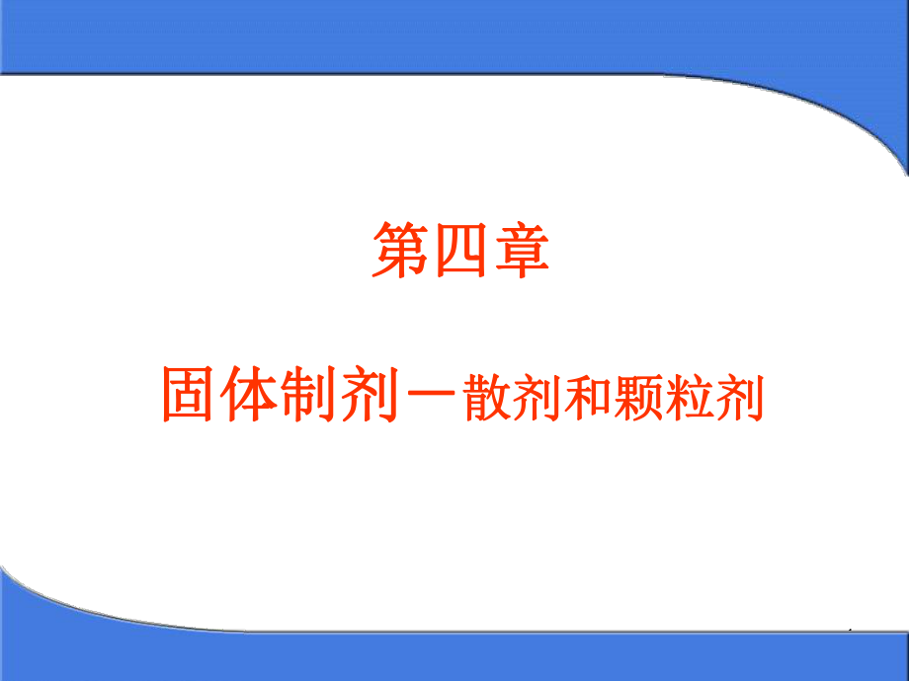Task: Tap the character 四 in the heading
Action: coord(460,251)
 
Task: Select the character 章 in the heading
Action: coord(522,251)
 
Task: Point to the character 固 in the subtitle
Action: coord(188,393)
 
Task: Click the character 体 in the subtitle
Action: coord(248,393)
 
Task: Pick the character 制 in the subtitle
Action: coord(309,393)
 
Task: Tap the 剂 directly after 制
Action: coord(370,393)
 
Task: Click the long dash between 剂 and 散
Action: coord(431,393)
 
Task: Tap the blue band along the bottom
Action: coord(454,656)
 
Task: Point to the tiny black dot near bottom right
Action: coord(850,629)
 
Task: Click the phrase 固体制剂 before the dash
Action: coord(281,393)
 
